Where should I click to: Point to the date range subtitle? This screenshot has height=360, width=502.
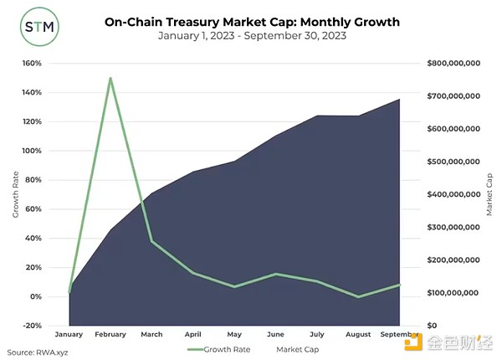(x=251, y=38)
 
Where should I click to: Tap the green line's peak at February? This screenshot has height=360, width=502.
(x=110, y=78)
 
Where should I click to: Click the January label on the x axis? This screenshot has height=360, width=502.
(x=69, y=334)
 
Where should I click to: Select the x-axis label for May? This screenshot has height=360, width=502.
(x=234, y=334)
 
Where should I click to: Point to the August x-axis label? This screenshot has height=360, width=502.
(x=358, y=334)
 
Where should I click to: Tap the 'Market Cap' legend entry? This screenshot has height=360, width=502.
(x=298, y=348)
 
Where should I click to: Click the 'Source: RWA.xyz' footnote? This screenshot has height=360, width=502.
(x=38, y=352)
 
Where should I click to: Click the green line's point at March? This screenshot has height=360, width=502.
(x=152, y=241)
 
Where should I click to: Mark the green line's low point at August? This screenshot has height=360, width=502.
(x=358, y=296)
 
